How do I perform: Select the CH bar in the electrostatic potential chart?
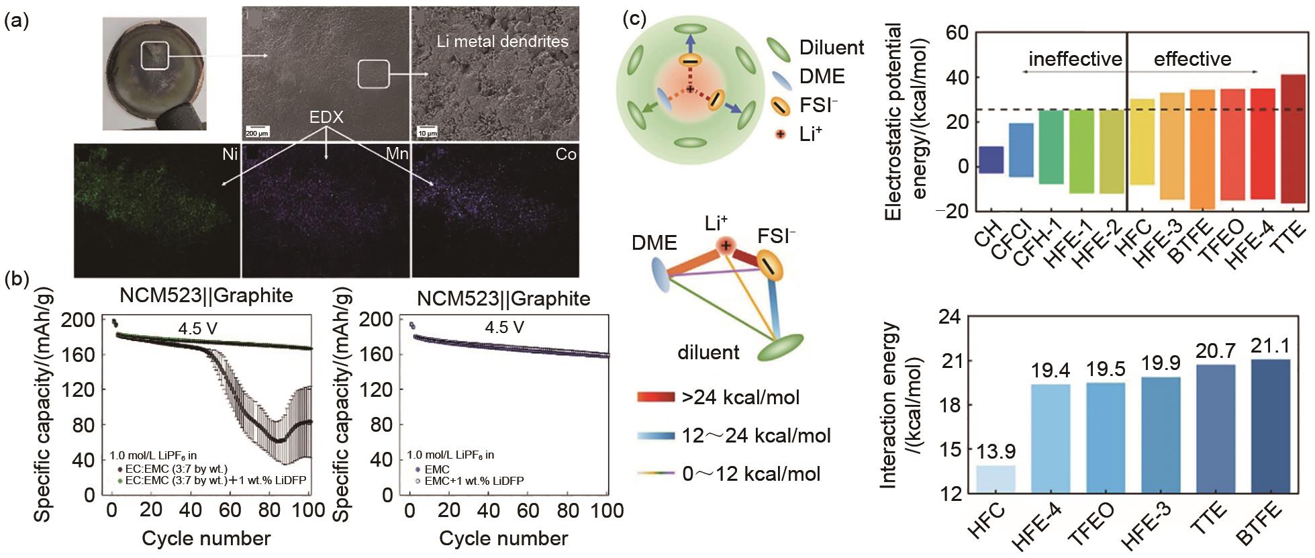991,160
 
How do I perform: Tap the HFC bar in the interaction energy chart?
995,479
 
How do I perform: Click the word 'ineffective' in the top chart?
1075,59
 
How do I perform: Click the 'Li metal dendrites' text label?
502,42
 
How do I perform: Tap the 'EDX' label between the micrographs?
326,118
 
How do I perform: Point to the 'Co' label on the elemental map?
566,154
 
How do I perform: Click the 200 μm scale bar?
256,130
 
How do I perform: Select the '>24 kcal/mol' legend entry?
718,398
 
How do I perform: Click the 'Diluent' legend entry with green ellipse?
816,48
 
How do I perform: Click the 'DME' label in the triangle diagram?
654,243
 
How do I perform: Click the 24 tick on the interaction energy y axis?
930,317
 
